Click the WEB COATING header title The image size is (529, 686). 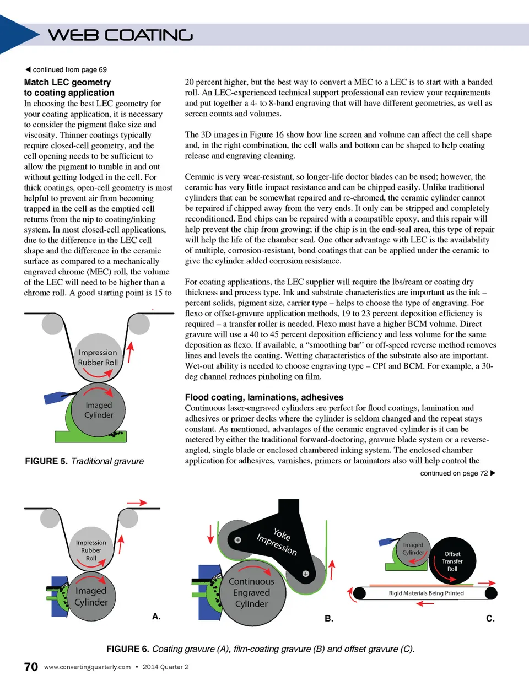[x=120, y=35]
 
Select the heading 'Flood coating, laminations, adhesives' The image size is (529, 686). [x=264, y=397]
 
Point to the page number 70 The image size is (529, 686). [x=31, y=667]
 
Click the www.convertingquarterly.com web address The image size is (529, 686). [x=87, y=667]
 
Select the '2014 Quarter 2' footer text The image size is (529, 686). [x=165, y=667]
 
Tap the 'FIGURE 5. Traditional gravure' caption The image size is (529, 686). [x=84, y=461]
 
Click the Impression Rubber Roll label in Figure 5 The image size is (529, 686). [x=98, y=358]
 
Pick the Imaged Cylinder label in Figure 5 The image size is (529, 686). [x=99, y=410]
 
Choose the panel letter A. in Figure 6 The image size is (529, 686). [x=156, y=617]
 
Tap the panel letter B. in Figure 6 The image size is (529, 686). [x=329, y=619]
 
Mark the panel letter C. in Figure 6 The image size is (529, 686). [x=490, y=619]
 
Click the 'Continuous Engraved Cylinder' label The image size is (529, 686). [x=251, y=593]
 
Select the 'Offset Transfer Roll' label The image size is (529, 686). [x=452, y=561]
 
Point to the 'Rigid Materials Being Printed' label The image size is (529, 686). [x=426, y=593]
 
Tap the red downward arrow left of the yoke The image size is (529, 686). [x=210, y=533]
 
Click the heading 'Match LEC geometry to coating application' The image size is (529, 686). [x=69, y=88]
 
